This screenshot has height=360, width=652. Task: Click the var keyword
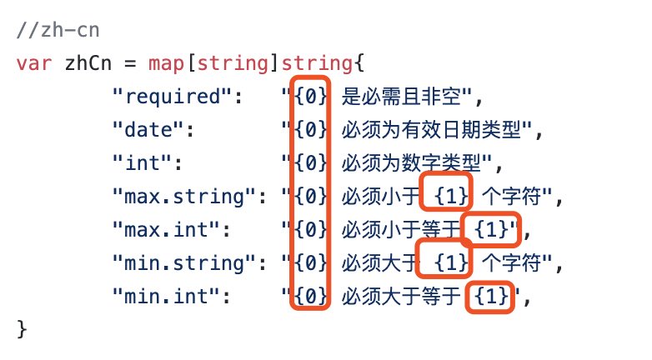[x=33, y=63]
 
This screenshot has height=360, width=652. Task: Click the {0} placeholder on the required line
[x=310, y=97]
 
